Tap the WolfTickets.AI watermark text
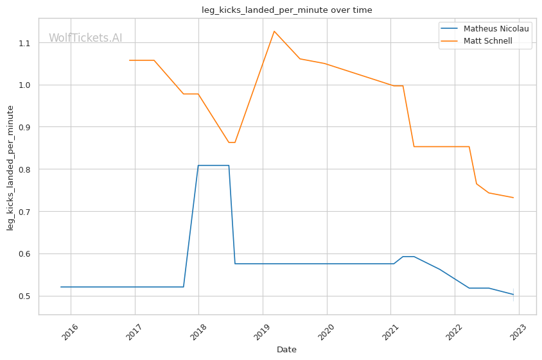click(85, 38)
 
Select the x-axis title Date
click(286, 350)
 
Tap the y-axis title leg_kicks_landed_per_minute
click(11, 168)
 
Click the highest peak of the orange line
click(274, 31)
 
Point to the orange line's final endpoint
click(513, 198)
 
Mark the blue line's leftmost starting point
click(61, 287)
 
